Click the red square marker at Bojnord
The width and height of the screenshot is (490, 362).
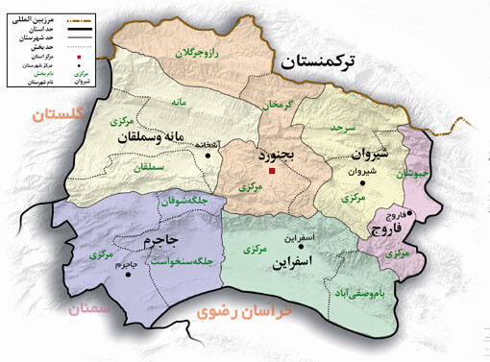(x=273, y=171)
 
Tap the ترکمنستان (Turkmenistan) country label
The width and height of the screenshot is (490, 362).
(x=333, y=63)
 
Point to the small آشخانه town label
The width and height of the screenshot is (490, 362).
(x=216, y=146)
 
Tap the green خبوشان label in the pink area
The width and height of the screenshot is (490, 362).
(x=411, y=174)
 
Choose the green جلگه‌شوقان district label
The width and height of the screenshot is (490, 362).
(x=184, y=201)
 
